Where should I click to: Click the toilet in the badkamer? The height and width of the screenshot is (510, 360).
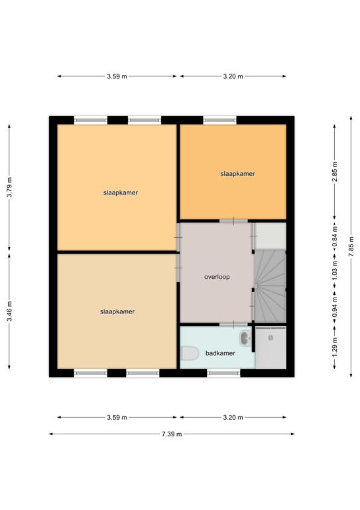click(190, 353)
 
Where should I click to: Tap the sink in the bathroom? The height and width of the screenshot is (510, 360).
click(245, 338)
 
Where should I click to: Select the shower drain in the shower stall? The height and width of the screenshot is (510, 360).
click(270, 338)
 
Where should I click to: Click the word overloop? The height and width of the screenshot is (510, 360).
click(217, 277)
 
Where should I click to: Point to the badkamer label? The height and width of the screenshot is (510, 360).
click(220, 353)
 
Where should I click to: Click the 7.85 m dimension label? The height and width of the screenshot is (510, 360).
click(351, 247)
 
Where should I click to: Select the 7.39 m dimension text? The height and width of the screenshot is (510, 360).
click(172, 434)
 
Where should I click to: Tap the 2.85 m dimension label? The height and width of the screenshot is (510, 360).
click(335, 171)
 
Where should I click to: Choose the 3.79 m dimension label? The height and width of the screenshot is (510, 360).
click(9, 187)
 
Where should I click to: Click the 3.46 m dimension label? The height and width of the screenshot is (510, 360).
click(9, 311)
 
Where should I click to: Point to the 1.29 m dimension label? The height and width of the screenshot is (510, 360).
click(335, 347)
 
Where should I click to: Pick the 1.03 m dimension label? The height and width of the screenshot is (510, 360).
click(335, 271)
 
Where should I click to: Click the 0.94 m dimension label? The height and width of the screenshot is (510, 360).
click(335, 307)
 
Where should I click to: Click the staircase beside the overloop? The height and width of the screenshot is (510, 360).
click(270, 286)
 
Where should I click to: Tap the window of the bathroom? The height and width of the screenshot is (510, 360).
click(223, 373)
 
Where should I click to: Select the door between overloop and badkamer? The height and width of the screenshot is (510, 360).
click(233, 324)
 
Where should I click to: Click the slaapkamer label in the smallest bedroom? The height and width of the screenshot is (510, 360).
click(237, 174)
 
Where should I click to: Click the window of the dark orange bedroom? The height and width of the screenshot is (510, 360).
click(220, 120)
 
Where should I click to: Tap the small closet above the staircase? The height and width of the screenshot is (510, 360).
click(270, 236)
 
